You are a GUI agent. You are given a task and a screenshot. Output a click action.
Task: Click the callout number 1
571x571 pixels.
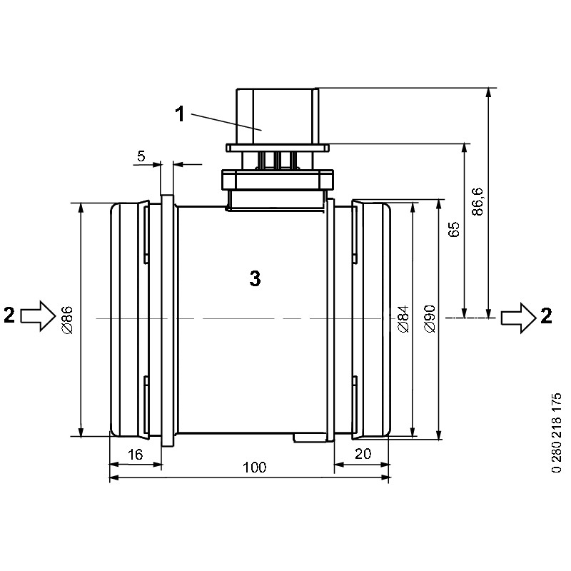point(180,114)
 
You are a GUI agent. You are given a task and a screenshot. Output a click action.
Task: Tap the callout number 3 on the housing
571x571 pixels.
point(255,278)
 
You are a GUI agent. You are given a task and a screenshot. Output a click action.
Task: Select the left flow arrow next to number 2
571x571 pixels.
point(39,315)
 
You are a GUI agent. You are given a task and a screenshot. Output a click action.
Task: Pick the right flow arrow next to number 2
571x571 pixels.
point(519,318)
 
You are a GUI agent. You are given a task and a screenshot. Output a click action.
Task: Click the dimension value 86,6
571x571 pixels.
point(477,201)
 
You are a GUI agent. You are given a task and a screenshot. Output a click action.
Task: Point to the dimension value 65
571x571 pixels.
point(454,229)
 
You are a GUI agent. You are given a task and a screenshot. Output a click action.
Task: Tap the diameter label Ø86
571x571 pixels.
point(67,320)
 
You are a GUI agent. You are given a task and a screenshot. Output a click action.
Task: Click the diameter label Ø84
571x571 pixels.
point(403,319)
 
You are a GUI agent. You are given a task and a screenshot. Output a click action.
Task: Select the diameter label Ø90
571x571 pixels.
point(430,318)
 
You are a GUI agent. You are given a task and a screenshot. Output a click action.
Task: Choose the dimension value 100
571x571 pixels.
point(255,468)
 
